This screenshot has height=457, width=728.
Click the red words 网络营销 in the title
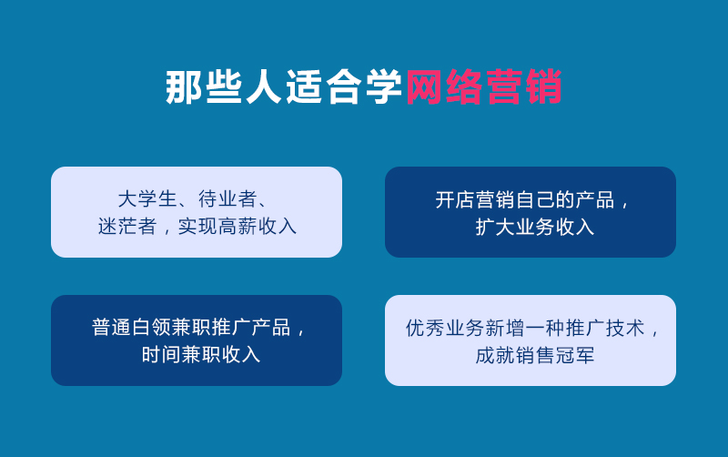[483, 87]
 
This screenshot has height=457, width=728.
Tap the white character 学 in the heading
[384, 87]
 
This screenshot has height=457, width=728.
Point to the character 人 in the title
[265, 87]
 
